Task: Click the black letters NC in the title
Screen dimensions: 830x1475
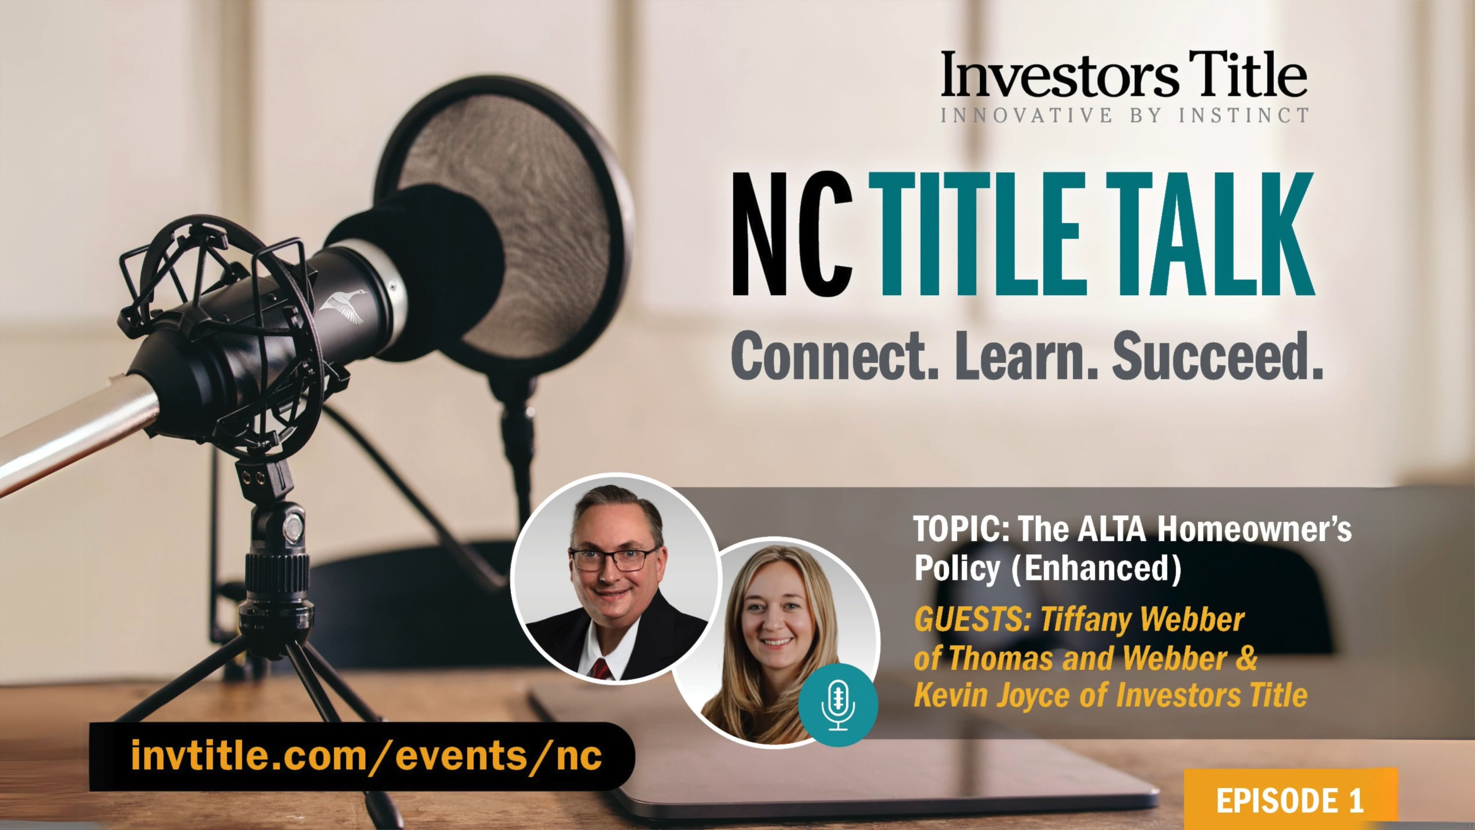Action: [793, 235]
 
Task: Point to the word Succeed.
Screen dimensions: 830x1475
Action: [1217, 356]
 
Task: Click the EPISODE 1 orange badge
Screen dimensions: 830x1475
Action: [1291, 800]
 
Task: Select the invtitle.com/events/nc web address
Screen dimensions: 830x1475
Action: [366, 755]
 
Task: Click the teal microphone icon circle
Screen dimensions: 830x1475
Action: [838, 705]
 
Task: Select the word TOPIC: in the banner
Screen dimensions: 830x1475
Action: [954, 530]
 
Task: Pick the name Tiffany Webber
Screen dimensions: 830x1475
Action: [1143, 620]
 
